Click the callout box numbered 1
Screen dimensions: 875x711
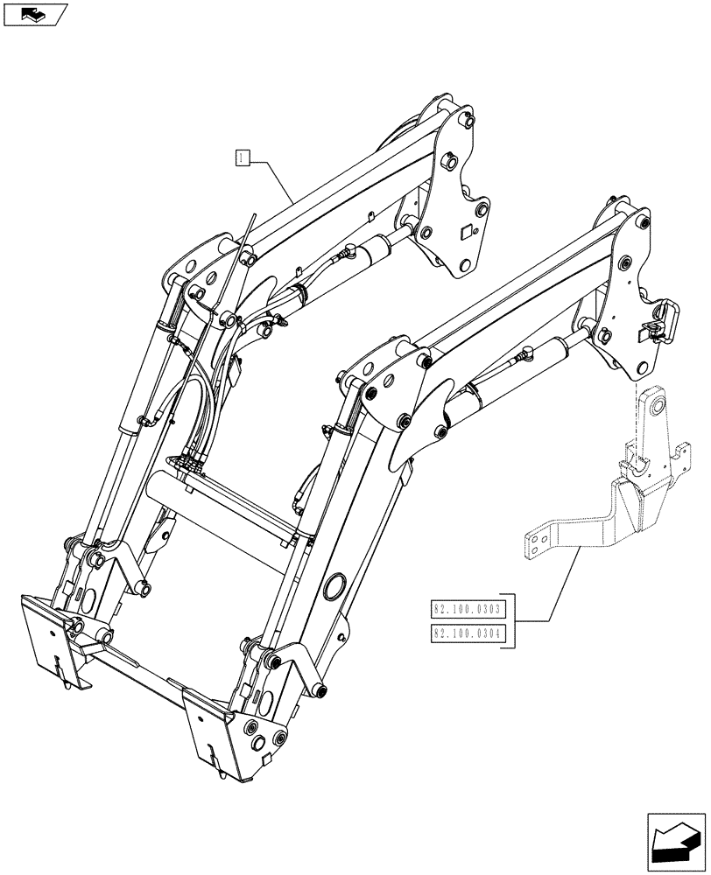coord(243,157)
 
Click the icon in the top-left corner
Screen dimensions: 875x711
coord(34,14)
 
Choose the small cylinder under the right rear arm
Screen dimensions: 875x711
coord(547,358)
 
